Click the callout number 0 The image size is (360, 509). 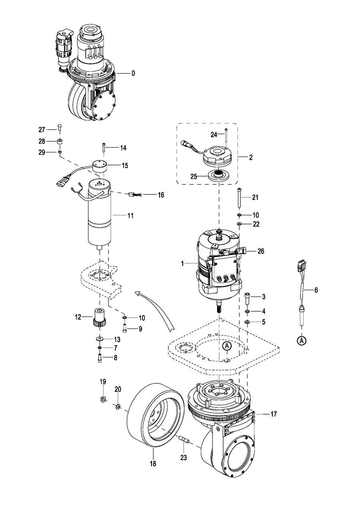(133, 73)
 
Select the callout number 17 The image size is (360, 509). (274, 414)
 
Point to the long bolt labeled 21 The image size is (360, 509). (239, 197)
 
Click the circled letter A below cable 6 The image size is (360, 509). (302, 340)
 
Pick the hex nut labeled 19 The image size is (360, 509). (103, 399)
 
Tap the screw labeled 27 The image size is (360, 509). (60, 127)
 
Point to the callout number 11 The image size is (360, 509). (130, 215)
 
